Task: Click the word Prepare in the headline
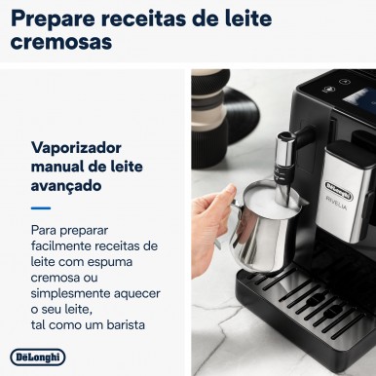(x=53, y=19)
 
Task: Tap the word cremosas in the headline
(x=61, y=42)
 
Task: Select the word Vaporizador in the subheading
(x=76, y=148)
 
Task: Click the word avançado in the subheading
(x=66, y=186)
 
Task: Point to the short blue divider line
(x=41, y=208)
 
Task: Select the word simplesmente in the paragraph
(x=66, y=294)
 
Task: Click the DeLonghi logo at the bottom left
(x=38, y=357)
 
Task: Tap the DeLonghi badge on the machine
(x=339, y=191)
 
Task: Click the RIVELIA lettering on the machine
(x=336, y=204)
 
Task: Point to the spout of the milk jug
(x=303, y=204)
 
